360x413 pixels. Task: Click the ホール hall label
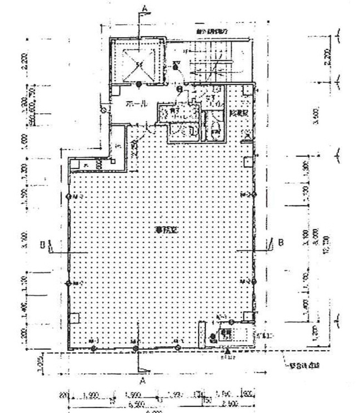coord(137,103)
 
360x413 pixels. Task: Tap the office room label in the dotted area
coord(166,231)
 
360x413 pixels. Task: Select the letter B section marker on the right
coord(281,242)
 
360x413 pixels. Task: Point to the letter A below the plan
coord(142,381)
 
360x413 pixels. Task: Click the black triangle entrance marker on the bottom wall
coord(227,351)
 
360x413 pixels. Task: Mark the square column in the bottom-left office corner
coord(75,317)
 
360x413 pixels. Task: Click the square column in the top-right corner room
coord(247,90)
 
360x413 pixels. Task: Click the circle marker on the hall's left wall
coord(103,110)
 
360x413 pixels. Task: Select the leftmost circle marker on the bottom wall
coord(93,348)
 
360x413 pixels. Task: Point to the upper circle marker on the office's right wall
coord(254,195)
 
